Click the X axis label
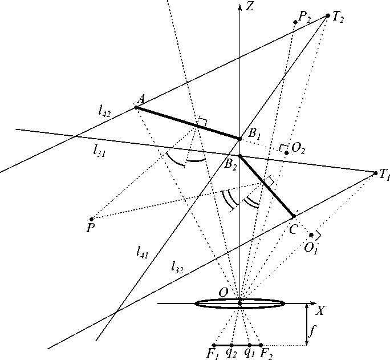[321, 311]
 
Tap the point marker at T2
[327, 15]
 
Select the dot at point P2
[295, 22]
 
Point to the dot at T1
[375, 172]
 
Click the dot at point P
[91, 219]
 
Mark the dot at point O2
[286, 153]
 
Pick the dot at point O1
[311, 234]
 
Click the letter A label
[139, 98]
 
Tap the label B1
[254, 134]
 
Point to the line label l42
[104, 112]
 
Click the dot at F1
[213, 345]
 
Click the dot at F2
[261, 345]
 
